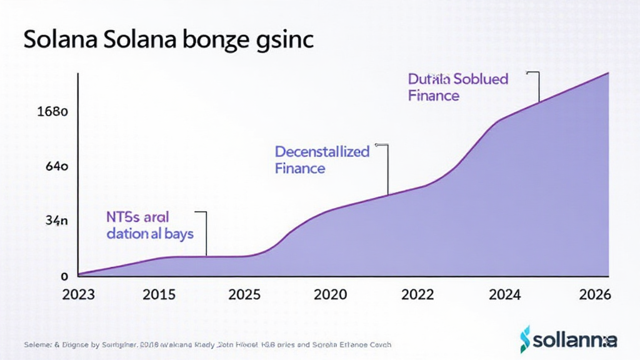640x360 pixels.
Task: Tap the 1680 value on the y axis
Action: coord(52,112)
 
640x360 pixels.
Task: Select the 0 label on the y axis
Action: coord(64,276)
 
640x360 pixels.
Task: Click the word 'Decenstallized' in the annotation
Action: coord(322,152)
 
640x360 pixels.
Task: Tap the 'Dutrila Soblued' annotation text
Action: coord(458,79)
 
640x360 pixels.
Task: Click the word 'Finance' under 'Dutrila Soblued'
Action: coord(433,96)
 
